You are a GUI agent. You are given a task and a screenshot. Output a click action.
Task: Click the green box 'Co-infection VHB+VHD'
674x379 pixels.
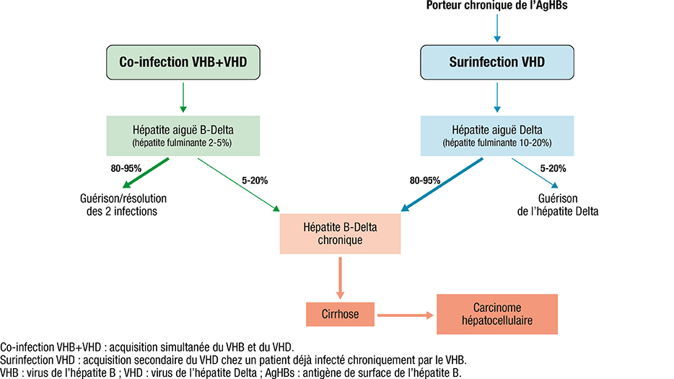(183, 62)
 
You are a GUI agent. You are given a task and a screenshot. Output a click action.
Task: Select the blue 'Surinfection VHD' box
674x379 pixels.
(497, 62)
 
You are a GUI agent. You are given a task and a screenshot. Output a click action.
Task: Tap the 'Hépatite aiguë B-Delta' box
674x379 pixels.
(183, 136)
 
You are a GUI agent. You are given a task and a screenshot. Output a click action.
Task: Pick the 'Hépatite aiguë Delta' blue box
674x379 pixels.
(497, 136)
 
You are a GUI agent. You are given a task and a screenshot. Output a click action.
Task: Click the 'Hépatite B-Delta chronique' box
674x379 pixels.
(340, 234)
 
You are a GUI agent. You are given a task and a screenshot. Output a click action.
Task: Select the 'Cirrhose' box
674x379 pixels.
(340, 314)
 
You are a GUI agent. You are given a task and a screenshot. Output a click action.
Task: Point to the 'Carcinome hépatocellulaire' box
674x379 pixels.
(497, 314)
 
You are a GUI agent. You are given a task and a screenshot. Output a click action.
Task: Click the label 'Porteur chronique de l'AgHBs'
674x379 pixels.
(497, 6)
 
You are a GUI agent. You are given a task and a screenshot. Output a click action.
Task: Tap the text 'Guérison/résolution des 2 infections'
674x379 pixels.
(123, 205)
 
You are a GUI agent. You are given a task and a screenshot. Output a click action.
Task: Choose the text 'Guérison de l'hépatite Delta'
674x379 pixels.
(558, 205)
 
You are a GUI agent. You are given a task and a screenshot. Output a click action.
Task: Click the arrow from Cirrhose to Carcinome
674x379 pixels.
(406, 315)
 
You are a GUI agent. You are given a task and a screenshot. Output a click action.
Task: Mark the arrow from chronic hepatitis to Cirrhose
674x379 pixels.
(340, 278)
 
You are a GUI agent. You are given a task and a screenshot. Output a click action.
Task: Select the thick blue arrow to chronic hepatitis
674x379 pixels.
(442, 185)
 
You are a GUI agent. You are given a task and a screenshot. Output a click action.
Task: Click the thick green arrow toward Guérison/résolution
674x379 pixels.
(146, 173)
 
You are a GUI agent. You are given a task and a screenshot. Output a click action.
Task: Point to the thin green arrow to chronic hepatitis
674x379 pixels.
(239, 185)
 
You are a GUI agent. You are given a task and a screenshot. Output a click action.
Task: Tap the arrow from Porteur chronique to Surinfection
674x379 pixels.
(497, 28)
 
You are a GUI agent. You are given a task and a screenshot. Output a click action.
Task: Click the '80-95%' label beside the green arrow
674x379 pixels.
(126, 169)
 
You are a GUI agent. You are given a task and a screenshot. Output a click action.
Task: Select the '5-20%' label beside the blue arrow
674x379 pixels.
(553, 169)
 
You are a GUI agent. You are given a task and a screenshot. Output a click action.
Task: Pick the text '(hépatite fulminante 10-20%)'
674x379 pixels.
(497, 143)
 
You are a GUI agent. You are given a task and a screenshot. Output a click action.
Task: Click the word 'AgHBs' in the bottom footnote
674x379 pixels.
(280, 373)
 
